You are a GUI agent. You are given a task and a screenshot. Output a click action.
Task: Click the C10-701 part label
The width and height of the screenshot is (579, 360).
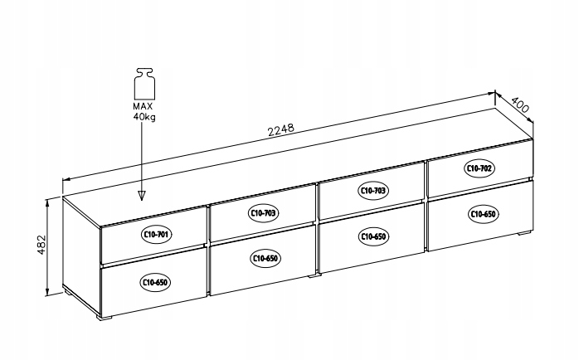point(155,235)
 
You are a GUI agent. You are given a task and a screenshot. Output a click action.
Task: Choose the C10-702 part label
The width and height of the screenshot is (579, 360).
point(479,168)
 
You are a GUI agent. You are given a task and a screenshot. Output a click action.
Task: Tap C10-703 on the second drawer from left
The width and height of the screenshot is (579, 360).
point(263,213)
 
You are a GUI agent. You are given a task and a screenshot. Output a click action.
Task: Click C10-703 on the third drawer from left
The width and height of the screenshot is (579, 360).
point(373,191)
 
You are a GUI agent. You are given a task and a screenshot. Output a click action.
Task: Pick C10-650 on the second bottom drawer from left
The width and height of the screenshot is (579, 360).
point(263,259)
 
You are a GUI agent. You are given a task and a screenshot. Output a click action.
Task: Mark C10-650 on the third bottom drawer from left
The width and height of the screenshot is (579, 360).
point(373,236)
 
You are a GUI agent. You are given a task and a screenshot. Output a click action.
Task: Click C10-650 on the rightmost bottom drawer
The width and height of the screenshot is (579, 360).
point(483,214)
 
